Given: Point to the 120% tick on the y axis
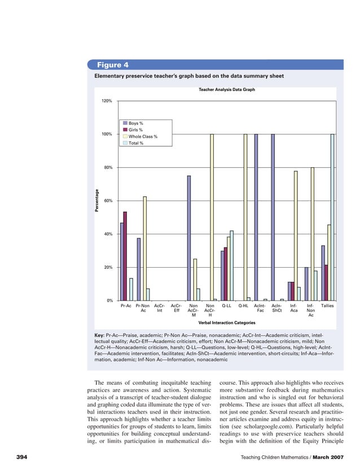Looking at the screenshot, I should pos(107,101).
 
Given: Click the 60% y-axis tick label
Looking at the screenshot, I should pos(108,201).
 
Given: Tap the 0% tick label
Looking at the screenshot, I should pos(109,300).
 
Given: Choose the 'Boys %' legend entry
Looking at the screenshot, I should pos(135,123).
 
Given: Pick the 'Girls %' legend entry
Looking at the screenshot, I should pos(135,130).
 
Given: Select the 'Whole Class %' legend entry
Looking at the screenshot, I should pos(142,137).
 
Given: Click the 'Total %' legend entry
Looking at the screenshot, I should pos(135,143).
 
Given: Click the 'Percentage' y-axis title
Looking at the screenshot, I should pos(96,201).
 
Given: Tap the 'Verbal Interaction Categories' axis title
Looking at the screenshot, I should pos(227,323).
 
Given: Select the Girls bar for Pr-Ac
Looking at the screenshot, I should pos(125,256).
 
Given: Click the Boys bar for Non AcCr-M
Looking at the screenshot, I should pos(189,238).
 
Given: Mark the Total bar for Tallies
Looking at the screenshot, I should pos(333,217).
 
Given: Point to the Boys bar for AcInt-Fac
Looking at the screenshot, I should pos(256,217).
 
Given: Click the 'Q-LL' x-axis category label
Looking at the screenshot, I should pos(227,306).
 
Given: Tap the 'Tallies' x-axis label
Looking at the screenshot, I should pos(327,306).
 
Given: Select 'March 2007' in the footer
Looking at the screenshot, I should pos(328,456).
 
